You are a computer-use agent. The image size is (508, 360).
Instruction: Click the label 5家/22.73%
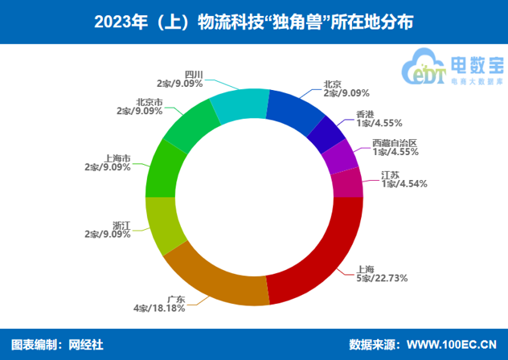tap(383, 278)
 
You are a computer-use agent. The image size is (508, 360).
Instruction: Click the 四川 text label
tap(194, 74)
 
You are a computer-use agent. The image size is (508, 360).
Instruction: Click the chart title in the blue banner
tap(254, 22)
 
